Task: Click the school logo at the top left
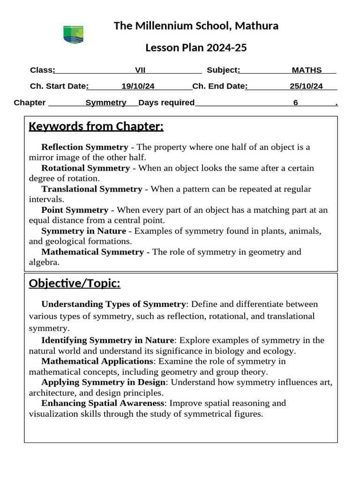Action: [73, 35]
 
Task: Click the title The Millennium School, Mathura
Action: [196, 26]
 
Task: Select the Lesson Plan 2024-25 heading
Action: [196, 48]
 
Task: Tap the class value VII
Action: [140, 70]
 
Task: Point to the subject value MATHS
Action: [307, 70]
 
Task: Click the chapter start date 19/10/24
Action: [138, 86]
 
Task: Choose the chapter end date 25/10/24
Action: [306, 86]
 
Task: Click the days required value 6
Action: [296, 103]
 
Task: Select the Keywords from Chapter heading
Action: [96, 127]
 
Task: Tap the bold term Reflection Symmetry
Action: [84, 147]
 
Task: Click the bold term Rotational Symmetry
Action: [85, 168]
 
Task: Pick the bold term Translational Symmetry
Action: [91, 189]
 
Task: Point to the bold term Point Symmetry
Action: [75, 210]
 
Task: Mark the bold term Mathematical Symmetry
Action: [92, 252]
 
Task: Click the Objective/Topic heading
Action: [75, 284]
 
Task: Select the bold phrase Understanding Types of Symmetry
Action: [113, 304]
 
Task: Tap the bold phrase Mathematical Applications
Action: [97, 361]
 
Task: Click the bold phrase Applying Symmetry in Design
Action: [103, 382]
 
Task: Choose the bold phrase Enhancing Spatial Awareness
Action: [103, 403]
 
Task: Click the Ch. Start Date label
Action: [59, 86]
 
